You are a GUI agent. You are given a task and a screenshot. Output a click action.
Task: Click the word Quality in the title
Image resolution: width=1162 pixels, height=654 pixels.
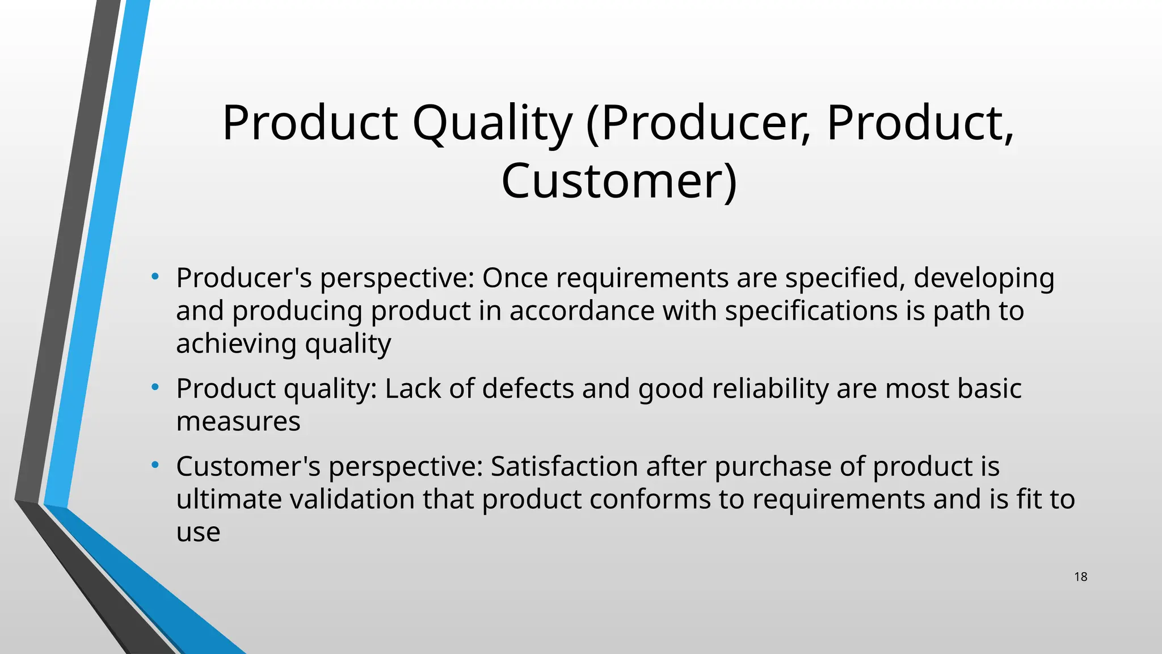[492, 123]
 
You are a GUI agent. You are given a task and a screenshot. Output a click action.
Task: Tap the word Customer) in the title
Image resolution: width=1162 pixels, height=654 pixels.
[619, 181]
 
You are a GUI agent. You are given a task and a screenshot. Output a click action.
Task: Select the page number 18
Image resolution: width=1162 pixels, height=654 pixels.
[1080, 577]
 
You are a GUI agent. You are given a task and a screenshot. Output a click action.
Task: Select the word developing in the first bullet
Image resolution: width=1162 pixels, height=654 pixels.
[983, 278]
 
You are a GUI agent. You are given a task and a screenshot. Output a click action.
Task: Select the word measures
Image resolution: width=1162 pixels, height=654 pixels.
[238, 422]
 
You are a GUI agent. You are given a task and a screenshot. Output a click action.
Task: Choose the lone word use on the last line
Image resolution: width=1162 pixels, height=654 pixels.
[198, 533]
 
